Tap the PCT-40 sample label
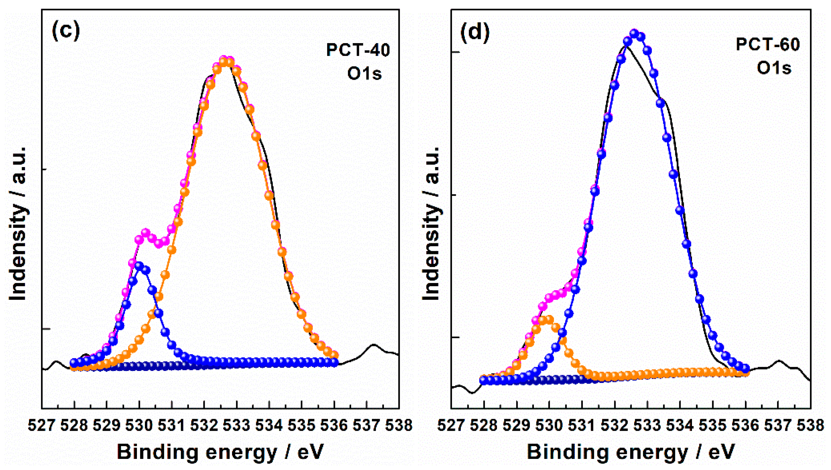click(358, 50)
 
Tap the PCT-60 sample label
click(767, 45)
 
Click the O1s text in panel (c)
click(364, 74)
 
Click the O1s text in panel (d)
click(774, 68)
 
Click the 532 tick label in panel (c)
click(204, 425)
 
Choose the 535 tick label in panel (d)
click(713, 425)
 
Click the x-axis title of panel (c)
click(220, 452)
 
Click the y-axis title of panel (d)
click(432, 223)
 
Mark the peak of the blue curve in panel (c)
click(139, 266)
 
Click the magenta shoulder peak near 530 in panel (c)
click(145, 232)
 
